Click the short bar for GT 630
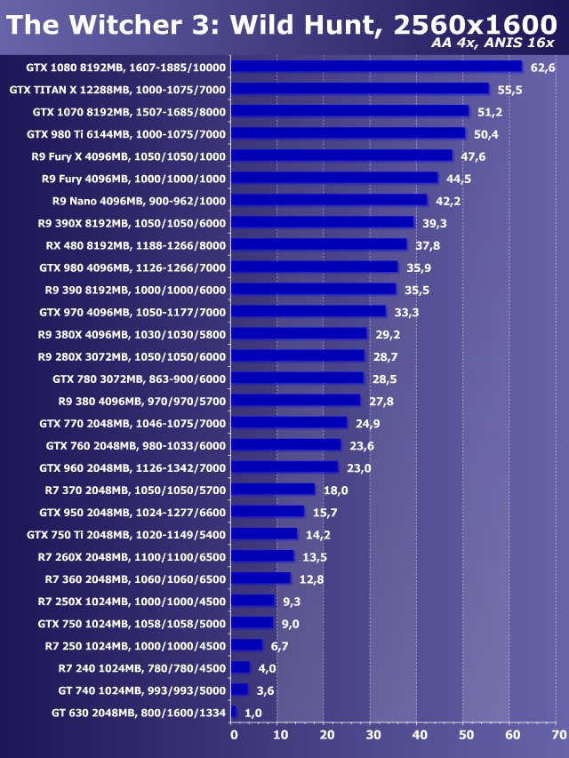pos(234,713)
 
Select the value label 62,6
pos(542,68)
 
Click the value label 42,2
pos(447,201)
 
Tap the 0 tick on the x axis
pos(234,736)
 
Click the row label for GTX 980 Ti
pos(126,134)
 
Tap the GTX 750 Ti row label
pos(126,535)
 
